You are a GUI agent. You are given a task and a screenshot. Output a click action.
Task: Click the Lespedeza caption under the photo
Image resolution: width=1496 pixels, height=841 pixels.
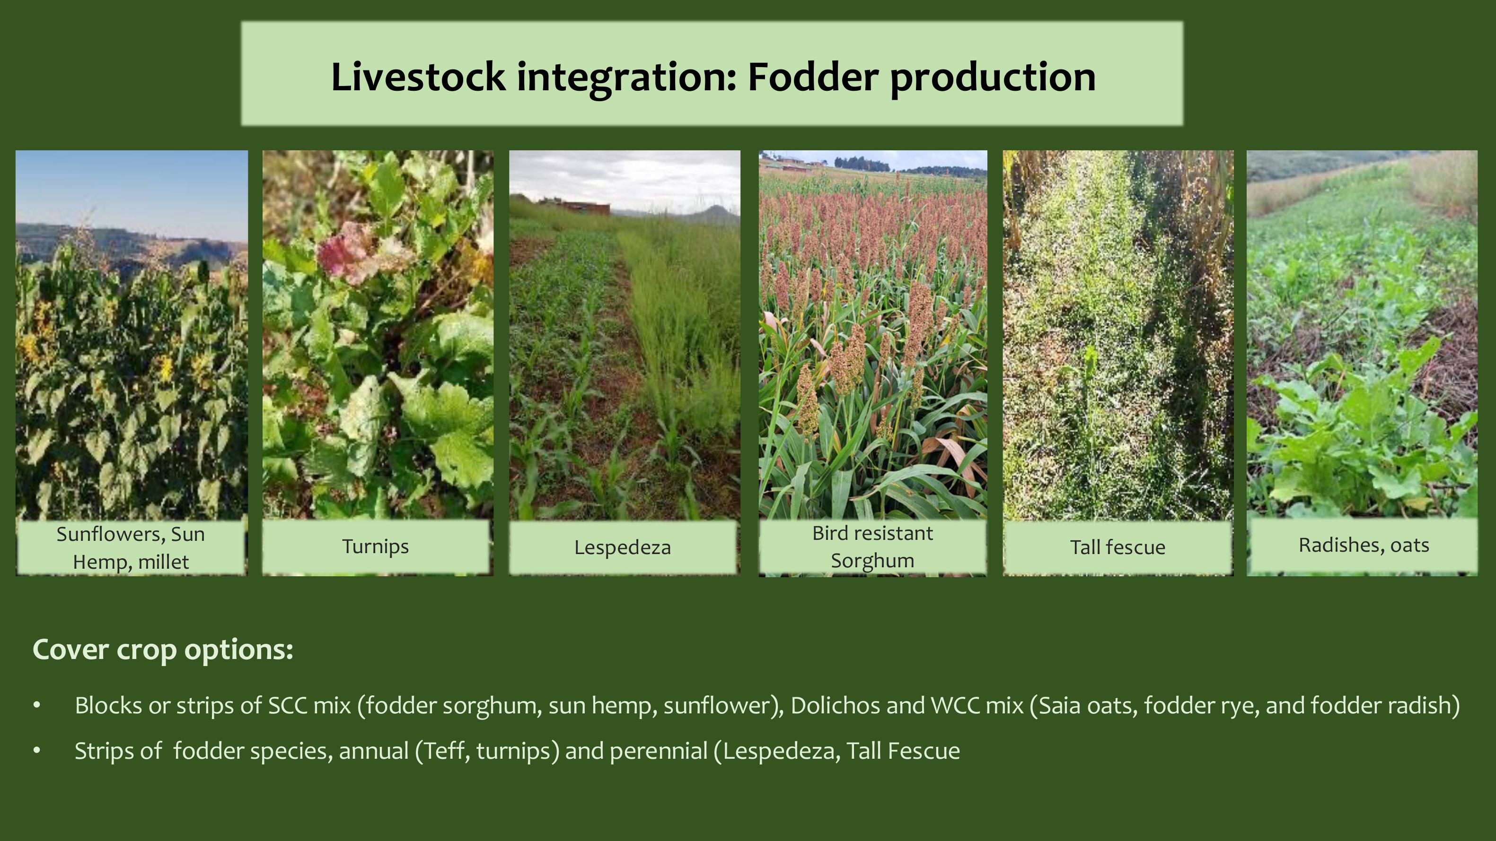(x=623, y=547)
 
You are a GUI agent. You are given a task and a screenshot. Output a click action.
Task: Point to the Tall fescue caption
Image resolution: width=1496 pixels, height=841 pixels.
(x=1118, y=547)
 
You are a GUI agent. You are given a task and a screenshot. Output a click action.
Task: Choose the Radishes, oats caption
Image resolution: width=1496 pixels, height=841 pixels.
(x=1364, y=545)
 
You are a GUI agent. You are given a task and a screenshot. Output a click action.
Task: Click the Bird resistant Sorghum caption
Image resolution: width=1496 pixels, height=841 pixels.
(x=872, y=547)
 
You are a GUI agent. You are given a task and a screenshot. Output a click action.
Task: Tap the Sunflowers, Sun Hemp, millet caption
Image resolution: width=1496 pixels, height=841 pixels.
(x=131, y=548)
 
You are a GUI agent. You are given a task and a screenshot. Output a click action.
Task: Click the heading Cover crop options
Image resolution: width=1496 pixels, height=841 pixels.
(x=163, y=650)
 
